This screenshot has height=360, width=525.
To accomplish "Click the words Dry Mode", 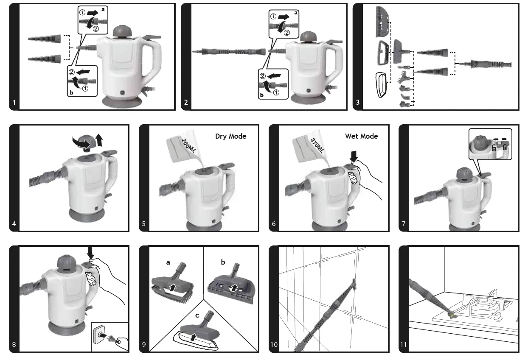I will coord(230,136).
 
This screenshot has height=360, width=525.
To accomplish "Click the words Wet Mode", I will coord(361,136).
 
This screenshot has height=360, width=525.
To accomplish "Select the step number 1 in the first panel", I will coord(14,103).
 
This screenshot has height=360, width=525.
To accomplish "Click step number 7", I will coord(404,223).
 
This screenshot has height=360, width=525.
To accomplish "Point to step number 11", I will coord(404,344).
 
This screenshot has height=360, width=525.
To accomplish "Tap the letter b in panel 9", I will coord(223,262).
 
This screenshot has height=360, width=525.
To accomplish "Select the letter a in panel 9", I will coord(168,262).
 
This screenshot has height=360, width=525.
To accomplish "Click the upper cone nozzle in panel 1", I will coord(45,39).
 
